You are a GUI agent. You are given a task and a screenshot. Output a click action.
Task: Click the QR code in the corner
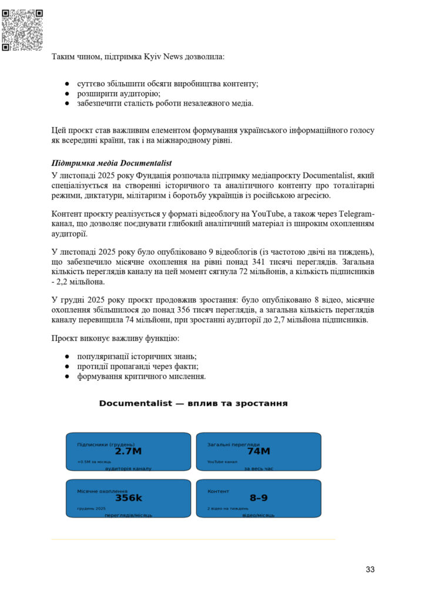22,29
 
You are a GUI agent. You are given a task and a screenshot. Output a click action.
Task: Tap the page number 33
370,569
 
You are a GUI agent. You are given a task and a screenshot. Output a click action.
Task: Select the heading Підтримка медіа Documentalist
112,163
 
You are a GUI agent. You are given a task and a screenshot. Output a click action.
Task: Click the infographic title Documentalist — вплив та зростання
193,404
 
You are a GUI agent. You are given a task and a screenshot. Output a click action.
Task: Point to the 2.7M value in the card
128,451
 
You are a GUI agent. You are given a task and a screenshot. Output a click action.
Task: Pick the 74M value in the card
259,451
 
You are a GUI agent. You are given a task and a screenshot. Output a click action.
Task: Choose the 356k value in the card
128,498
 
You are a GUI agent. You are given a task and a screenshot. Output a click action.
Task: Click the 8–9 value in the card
259,498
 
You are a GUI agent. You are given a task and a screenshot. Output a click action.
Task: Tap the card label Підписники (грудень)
106,444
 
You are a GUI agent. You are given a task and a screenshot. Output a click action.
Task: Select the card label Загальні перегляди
233,444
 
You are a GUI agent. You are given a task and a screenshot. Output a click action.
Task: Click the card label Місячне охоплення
102,491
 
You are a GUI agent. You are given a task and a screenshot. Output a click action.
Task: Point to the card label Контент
219,491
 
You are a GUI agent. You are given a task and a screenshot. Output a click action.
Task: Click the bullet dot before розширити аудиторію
68,94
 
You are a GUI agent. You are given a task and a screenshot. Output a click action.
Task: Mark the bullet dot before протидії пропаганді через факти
68,367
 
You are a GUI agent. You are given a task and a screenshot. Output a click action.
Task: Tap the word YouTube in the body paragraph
253,213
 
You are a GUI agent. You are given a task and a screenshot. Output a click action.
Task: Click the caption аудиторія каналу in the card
128,468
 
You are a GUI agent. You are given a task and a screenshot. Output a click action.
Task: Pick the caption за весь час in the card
259,468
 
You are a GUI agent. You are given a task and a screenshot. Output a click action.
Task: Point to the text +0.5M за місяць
94,462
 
